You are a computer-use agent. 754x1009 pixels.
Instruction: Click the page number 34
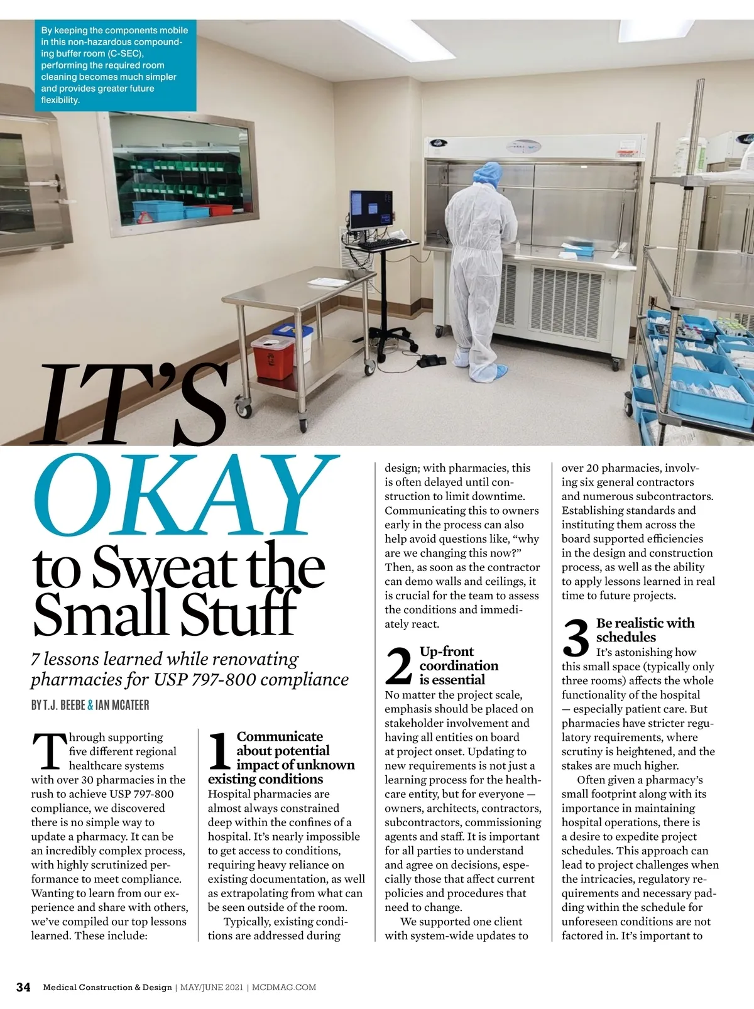pos(23,987)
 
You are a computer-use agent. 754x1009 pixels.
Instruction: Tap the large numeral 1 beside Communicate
pos(220,752)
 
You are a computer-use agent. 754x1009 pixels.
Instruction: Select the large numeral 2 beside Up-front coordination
pos(399,666)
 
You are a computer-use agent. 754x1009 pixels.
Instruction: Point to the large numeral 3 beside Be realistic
pos(576,638)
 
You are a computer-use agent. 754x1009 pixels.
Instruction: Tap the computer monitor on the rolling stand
pos(370,210)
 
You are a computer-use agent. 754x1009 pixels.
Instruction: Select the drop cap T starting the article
pos(48,751)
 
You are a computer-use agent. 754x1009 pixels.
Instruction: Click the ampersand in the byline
pos(90,705)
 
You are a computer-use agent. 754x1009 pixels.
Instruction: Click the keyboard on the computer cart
pos(382,241)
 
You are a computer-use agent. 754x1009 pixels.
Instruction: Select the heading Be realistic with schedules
pos(645,630)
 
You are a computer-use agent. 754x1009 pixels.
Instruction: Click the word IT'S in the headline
pos(132,405)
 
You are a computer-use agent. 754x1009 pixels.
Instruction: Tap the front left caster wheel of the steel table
pos(241,410)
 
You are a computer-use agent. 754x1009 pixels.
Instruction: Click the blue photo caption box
pos(115,65)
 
